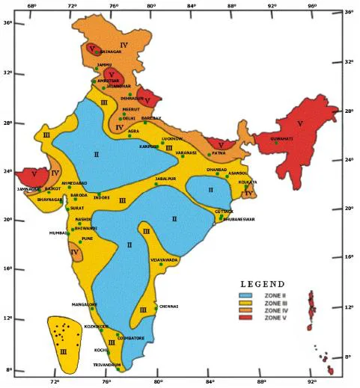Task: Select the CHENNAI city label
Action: [169, 306]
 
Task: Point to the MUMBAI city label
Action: [58, 233]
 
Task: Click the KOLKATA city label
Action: [248, 182]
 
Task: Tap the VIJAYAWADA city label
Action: [165, 259]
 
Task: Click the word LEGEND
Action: [261, 285]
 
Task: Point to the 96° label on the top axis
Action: [312, 6]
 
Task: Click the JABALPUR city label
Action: [167, 179]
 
